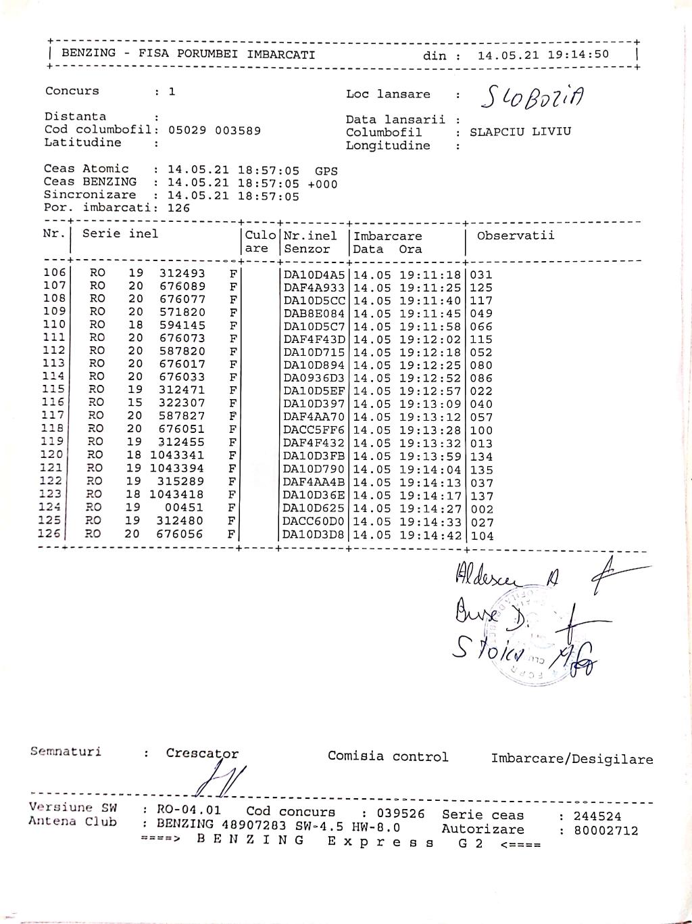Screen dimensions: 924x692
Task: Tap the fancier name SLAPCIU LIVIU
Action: point(520,131)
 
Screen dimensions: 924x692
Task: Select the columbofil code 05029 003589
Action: point(214,130)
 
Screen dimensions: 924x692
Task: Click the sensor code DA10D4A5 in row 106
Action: point(314,275)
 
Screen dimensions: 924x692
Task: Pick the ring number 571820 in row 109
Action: point(182,313)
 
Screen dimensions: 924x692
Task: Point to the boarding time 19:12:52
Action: point(430,378)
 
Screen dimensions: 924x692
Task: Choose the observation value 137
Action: point(482,496)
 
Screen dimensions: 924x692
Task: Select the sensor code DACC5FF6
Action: point(314,430)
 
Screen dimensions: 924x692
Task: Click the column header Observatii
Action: point(516,235)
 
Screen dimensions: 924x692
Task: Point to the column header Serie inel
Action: point(120,234)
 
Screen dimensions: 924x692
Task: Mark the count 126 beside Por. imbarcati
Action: point(178,208)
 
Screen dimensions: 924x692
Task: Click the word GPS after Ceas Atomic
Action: point(326,171)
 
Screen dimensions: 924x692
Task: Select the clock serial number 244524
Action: point(597,816)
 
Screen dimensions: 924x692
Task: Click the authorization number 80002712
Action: point(605,831)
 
